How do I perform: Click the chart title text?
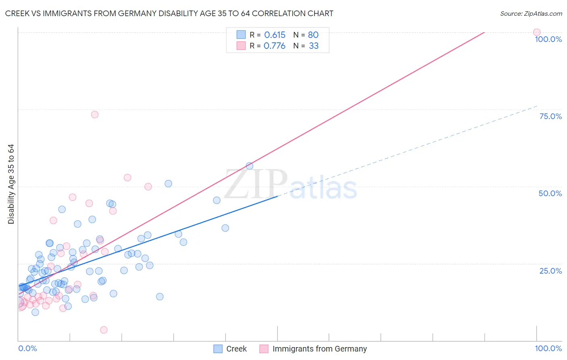click(169, 14)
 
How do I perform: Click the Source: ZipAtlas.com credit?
click(531, 14)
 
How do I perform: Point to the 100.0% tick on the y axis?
click(548, 39)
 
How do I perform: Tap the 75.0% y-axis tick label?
click(550, 116)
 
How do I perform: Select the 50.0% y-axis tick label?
click(550, 193)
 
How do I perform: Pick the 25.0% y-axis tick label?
click(550, 271)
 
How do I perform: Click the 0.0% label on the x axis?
click(27, 348)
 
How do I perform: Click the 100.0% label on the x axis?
click(548, 348)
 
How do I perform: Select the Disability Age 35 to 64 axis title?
click(11, 184)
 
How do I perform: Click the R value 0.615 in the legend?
click(275, 35)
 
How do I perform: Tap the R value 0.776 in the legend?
click(274, 46)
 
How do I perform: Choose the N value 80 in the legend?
click(313, 35)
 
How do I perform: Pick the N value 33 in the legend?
click(314, 46)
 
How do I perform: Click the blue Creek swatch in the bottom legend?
click(218, 349)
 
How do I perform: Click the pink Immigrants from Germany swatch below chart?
click(264, 349)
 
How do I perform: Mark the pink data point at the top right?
click(536, 32)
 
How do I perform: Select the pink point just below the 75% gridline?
click(95, 115)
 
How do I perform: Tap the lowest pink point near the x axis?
click(104, 330)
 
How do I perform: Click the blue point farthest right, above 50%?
click(249, 166)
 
